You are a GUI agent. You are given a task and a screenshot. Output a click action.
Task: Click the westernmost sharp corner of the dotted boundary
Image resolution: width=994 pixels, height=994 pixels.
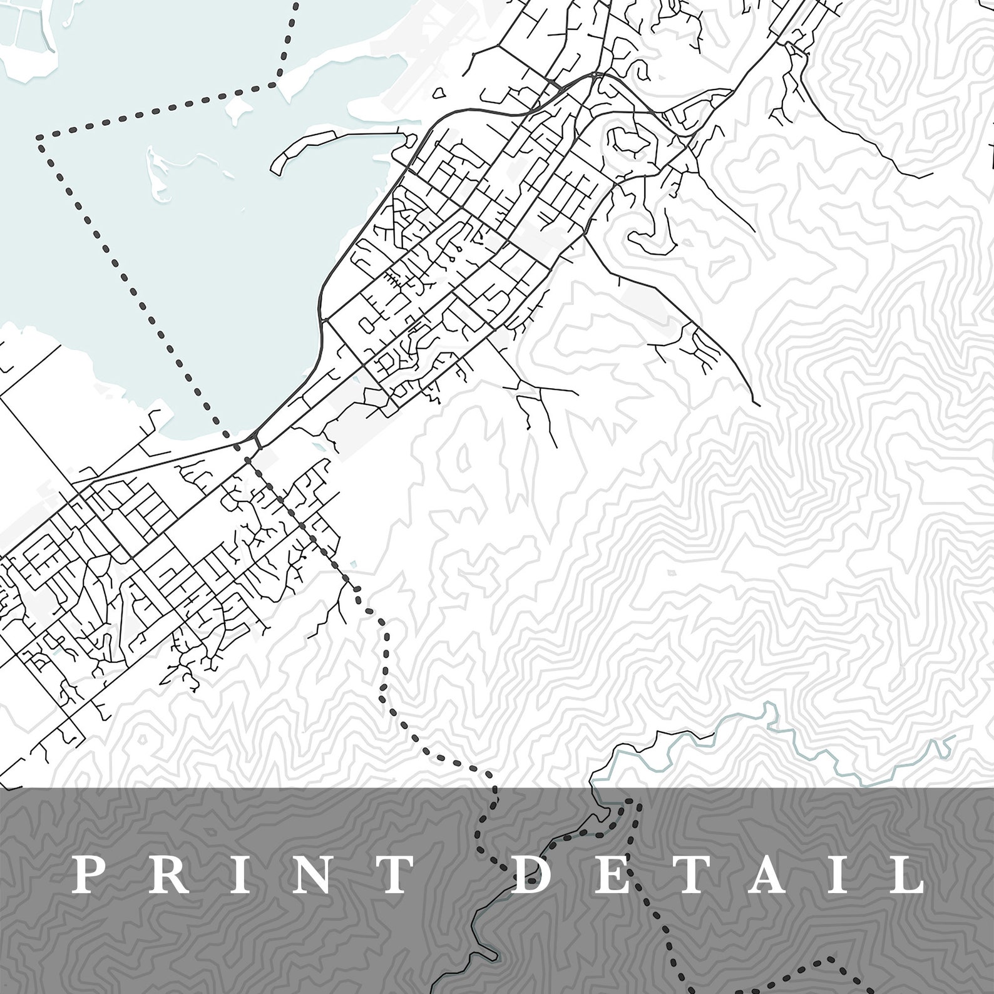coord(39,135)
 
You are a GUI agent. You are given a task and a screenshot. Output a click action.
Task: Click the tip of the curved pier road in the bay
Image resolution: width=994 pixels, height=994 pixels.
coord(276,168)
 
